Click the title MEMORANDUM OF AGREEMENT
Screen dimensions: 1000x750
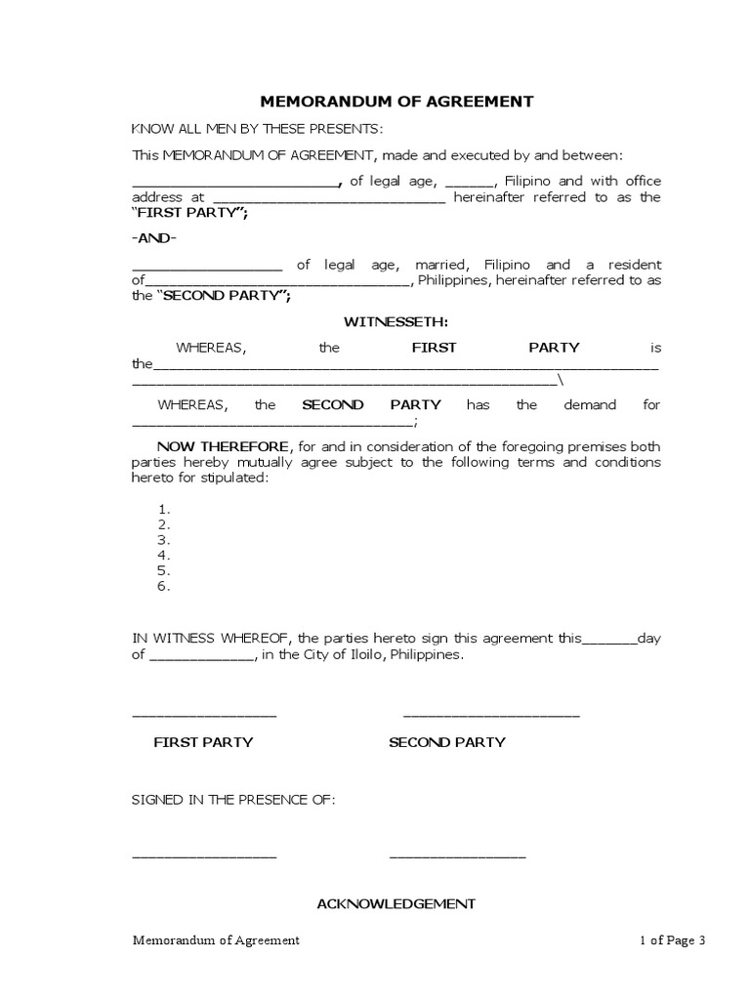pos(396,101)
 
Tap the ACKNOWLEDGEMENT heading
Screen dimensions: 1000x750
pos(396,903)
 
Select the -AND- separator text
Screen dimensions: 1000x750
pos(155,238)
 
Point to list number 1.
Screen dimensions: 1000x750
pos(164,509)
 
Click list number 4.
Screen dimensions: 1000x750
pos(164,556)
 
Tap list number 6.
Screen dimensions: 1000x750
pos(164,587)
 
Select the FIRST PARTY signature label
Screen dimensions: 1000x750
pos(203,742)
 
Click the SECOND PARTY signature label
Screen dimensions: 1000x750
pos(447,742)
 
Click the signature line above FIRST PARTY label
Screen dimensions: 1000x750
pos(204,717)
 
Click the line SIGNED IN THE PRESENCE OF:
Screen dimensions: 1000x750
pos(233,800)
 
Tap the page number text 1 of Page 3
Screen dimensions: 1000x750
pos(672,940)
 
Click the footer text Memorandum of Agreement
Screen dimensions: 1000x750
pos(216,940)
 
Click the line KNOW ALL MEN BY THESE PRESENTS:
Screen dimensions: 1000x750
pos(258,130)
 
